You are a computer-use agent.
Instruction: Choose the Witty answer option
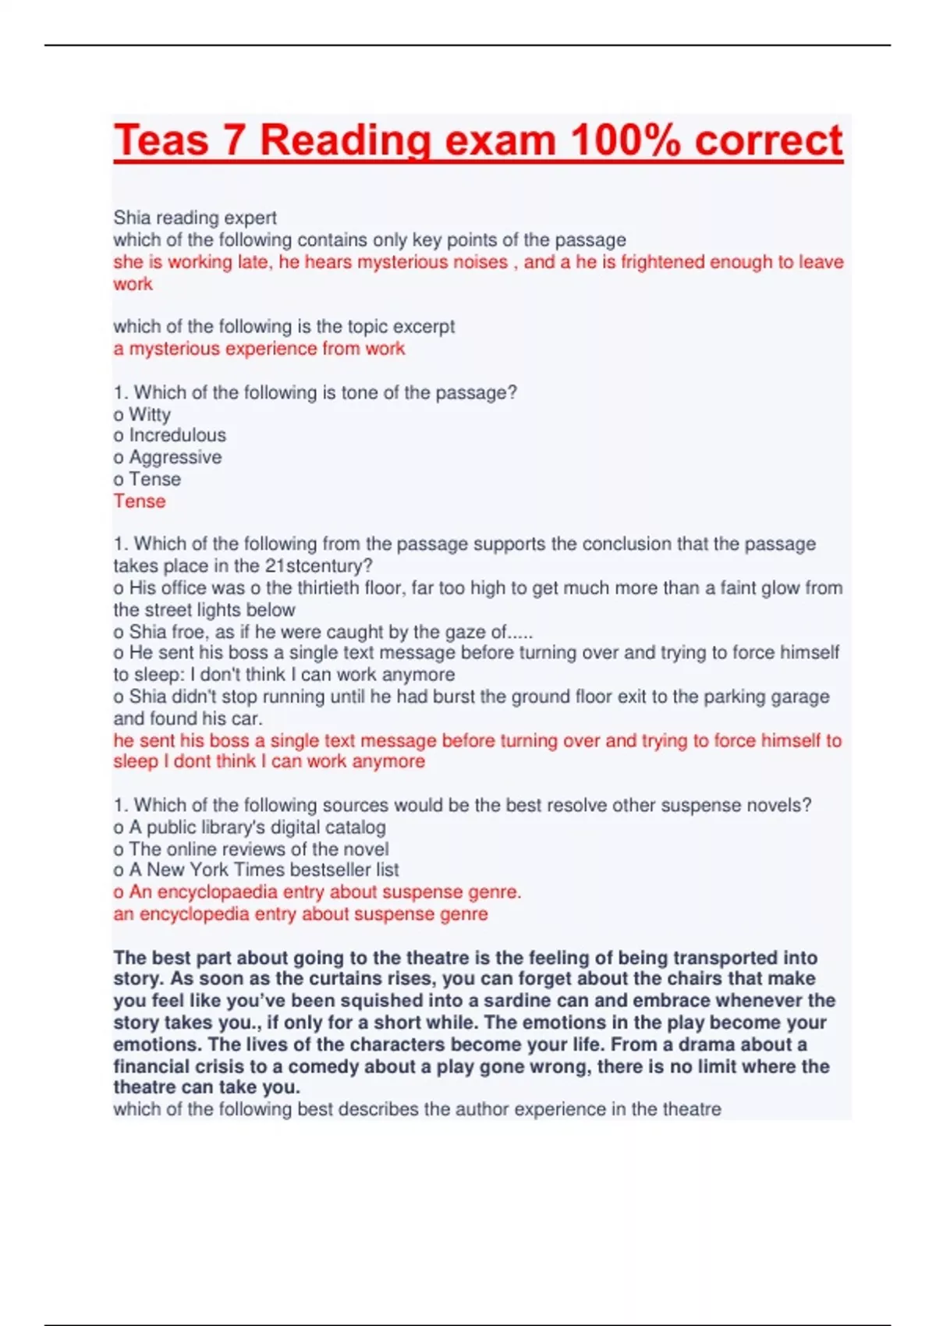[x=149, y=414]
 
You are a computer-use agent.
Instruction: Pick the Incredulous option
[x=177, y=435]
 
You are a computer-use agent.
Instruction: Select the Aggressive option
[x=175, y=457]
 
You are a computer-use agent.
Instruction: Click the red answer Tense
[x=140, y=502]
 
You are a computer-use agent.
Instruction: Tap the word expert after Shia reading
[x=250, y=218]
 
